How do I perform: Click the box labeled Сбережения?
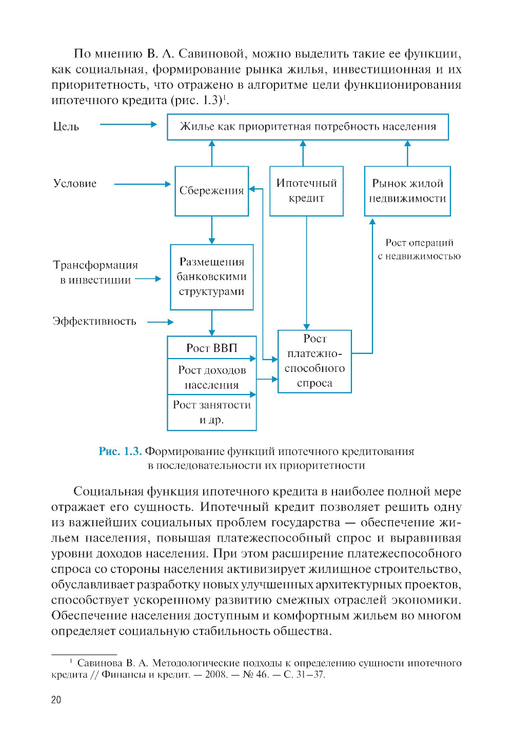coord(211,191)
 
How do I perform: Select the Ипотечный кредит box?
coord(306,191)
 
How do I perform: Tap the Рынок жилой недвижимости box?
coord(407,191)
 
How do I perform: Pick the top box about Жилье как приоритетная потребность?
coord(308,127)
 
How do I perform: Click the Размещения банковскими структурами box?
coord(211,277)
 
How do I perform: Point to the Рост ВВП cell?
coord(211,348)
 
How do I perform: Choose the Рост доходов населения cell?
coord(211,378)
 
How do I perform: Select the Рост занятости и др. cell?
coord(211,412)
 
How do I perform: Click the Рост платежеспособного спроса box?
coord(314,361)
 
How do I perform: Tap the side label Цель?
coord(66,127)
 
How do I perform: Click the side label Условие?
coord(75,184)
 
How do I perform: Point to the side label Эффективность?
coord(94,322)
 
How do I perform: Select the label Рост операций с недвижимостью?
coord(419,249)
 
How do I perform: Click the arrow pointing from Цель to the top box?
coord(128,124)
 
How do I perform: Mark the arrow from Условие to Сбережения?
coord(142,184)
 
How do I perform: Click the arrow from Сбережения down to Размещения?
coord(212,230)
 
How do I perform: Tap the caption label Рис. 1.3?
coord(120,451)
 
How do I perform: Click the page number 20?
coord(56,700)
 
